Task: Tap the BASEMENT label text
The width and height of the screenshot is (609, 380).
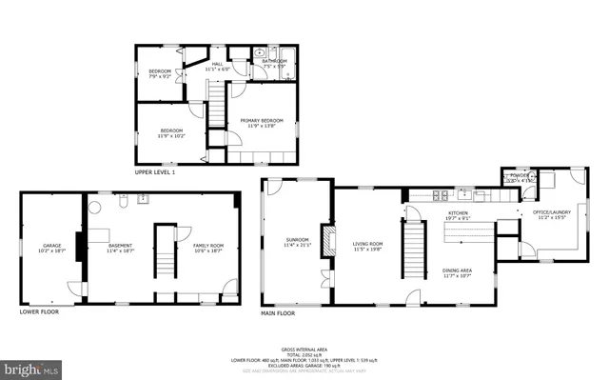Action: (120, 245)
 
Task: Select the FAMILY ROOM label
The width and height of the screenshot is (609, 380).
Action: (208, 245)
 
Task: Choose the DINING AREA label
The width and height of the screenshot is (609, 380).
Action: (457, 270)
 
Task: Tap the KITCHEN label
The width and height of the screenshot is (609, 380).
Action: (459, 213)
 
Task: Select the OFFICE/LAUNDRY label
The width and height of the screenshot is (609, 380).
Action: (553, 213)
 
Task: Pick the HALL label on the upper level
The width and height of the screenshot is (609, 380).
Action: (217, 63)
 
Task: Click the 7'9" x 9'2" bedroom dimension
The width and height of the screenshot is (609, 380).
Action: (159, 76)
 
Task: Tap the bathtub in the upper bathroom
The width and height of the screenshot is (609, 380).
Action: (284, 53)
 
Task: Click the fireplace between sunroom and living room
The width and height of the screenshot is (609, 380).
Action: (329, 239)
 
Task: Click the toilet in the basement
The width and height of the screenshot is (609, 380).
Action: (123, 201)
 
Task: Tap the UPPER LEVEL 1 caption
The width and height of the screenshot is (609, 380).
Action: (154, 171)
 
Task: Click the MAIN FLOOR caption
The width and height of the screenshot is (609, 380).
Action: (278, 312)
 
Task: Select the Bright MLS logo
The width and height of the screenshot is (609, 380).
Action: (31, 367)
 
